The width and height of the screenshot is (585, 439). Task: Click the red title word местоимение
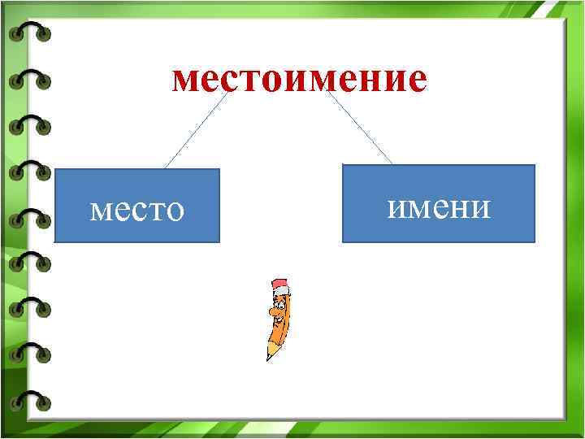pyautogui.click(x=299, y=80)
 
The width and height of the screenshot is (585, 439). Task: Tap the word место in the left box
pyautogui.click(x=137, y=210)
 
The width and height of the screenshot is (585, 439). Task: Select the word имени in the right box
pyautogui.click(x=439, y=207)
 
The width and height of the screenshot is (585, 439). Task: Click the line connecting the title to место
pyautogui.click(x=195, y=130)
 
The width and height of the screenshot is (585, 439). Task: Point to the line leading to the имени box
pyautogui.click(x=360, y=128)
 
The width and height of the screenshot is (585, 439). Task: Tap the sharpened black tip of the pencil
pyautogui.click(x=269, y=357)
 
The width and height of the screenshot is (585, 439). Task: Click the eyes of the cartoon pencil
pyautogui.click(x=279, y=307)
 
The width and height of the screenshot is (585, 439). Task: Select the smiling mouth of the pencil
pyautogui.click(x=280, y=320)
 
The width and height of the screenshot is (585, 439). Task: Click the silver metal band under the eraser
pyautogui.click(x=282, y=292)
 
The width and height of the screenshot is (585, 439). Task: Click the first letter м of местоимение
pyautogui.click(x=186, y=80)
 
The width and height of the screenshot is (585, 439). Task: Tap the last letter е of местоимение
pyautogui.click(x=415, y=80)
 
